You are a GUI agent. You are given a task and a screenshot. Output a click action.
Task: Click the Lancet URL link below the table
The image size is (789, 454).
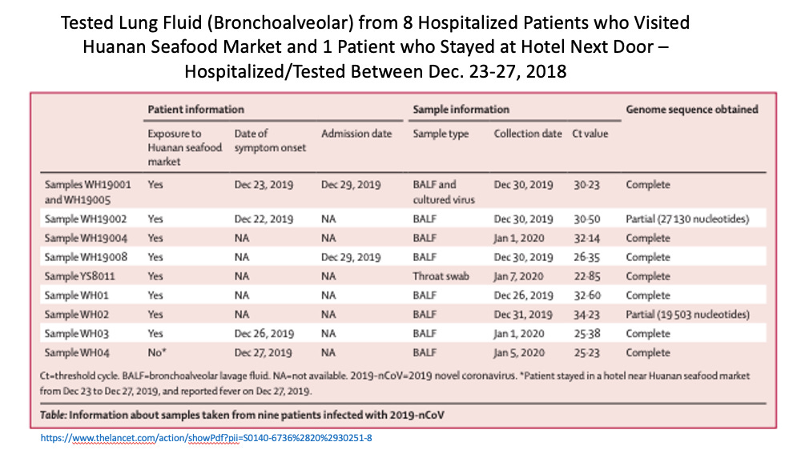pyautogui.click(x=207, y=438)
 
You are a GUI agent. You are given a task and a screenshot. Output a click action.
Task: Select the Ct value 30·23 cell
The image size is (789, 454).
pyautogui.click(x=586, y=185)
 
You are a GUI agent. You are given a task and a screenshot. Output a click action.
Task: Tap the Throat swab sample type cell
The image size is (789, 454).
pyautogui.click(x=441, y=276)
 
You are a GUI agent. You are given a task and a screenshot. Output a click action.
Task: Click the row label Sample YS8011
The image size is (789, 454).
pyautogui.click(x=79, y=276)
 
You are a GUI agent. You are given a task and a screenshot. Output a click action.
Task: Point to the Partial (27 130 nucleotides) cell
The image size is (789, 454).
pyautogui.click(x=687, y=219)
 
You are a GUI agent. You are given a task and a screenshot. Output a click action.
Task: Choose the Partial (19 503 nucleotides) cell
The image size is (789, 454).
pyautogui.click(x=687, y=314)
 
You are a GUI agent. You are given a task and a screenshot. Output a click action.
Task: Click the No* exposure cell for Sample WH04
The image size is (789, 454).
pyautogui.click(x=156, y=352)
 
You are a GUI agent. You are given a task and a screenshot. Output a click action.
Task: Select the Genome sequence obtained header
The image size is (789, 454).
pyautogui.click(x=692, y=109)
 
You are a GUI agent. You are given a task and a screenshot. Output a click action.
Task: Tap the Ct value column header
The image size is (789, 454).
pyautogui.click(x=590, y=134)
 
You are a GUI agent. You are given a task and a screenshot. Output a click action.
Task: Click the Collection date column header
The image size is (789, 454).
pyautogui.click(x=527, y=134)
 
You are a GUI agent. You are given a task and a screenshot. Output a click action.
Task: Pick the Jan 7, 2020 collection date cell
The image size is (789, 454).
pyautogui.click(x=518, y=276)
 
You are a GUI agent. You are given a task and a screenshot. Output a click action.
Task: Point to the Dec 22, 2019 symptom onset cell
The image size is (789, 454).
pyautogui.click(x=264, y=219)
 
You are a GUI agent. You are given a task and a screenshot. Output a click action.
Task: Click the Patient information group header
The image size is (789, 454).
pyautogui.click(x=195, y=109)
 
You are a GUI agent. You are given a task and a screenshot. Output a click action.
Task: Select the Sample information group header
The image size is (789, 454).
pyautogui.click(x=461, y=109)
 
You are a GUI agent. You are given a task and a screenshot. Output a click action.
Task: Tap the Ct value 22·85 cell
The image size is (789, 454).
pyautogui.click(x=586, y=276)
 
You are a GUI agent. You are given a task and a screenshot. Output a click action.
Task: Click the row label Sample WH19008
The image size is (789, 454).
pyautogui.click(x=86, y=257)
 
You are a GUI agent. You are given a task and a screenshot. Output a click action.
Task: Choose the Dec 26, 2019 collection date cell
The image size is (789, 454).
pyautogui.click(x=523, y=295)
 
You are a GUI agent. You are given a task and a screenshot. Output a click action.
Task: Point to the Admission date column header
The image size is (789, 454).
pyautogui.click(x=356, y=134)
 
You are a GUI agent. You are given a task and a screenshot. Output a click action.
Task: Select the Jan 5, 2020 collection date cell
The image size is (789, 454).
pyautogui.click(x=519, y=352)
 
